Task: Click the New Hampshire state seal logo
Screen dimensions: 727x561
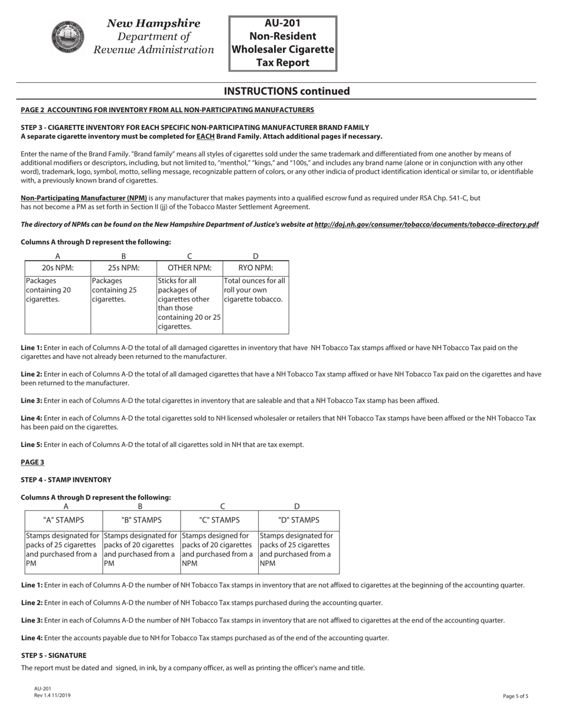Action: (x=68, y=37)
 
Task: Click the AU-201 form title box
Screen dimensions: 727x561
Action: (x=283, y=43)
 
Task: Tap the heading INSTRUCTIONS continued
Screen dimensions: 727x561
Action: (x=286, y=91)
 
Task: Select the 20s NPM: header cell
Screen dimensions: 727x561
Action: (x=57, y=268)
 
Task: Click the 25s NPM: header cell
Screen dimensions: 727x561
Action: (x=123, y=268)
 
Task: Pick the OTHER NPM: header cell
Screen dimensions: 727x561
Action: (x=190, y=268)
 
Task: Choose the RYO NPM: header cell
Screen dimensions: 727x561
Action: (x=255, y=268)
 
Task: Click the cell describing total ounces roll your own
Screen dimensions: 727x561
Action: (x=255, y=290)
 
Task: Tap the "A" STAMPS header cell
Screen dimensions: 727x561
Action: (x=64, y=520)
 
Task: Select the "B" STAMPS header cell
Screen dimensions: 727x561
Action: (x=141, y=520)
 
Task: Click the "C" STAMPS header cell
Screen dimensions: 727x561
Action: (x=219, y=520)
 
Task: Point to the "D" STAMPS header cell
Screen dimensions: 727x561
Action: (x=298, y=520)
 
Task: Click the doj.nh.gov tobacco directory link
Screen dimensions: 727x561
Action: (x=426, y=225)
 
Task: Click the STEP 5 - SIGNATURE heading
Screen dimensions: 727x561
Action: (x=54, y=655)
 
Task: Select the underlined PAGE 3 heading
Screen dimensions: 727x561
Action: (x=32, y=462)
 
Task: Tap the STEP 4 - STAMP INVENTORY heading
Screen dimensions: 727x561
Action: (x=66, y=480)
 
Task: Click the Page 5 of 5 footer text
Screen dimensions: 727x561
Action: (x=516, y=696)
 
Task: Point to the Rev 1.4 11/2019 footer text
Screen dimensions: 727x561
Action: (x=52, y=696)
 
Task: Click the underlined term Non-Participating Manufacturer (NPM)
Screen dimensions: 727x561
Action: (x=84, y=198)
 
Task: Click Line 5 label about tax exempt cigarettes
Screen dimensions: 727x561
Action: (x=31, y=444)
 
